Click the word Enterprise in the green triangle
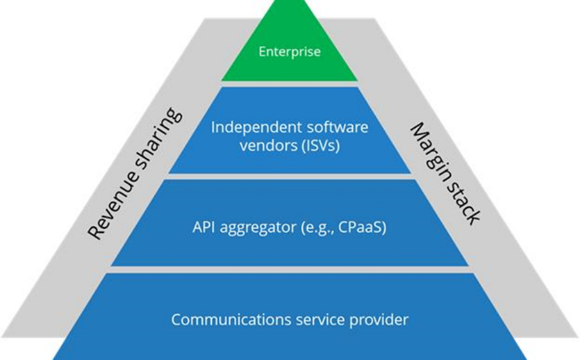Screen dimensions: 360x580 pyautogui.click(x=290, y=51)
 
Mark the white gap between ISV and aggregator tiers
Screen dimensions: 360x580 pyautogui.click(x=290, y=177)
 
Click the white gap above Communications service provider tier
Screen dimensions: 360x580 pyautogui.click(x=290, y=269)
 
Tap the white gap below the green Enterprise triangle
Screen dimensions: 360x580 pyautogui.click(x=290, y=83)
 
